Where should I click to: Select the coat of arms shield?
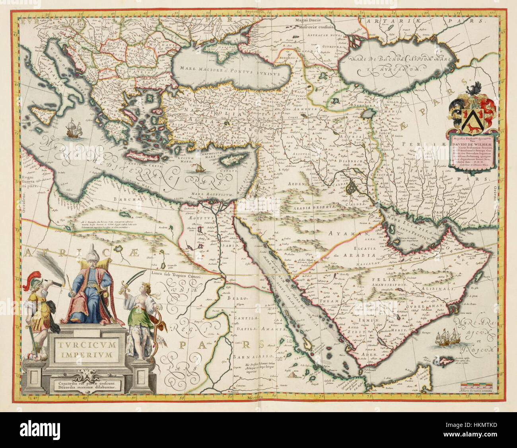point(472,115)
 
